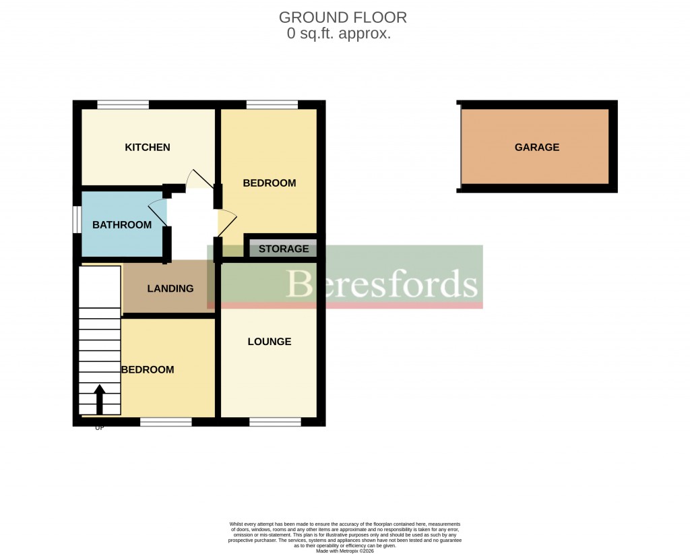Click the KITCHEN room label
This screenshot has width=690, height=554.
(x=148, y=148)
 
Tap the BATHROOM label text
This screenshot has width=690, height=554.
(x=122, y=224)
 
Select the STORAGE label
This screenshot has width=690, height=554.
(x=284, y=249)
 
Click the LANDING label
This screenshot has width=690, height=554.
(x=170, y=288)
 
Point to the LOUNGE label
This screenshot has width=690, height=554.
(x=270, y=342)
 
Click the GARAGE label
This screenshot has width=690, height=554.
(x=537, y=148)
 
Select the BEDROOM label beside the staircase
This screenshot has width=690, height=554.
(x=148, y=369)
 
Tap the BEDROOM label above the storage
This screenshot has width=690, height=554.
(x=270, y=183)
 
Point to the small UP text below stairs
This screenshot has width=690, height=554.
(x=100, y=428)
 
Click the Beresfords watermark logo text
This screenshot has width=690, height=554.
(x=382, y=284)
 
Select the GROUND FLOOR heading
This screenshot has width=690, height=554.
(x=343, y=18)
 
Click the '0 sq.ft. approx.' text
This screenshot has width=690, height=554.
(x=339, y=34)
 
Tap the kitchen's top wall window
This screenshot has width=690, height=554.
(x=123, y=104)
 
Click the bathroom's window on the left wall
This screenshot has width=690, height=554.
(x=77, y=220)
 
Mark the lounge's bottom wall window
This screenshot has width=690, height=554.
(x=275, y=422)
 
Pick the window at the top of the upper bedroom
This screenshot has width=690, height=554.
(x=272, y=104)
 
